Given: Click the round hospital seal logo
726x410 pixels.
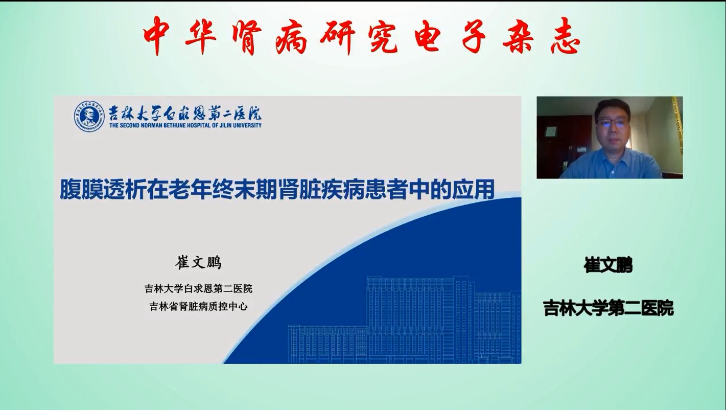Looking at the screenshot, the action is [x=89, y=117].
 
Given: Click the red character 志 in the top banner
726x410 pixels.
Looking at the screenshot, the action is [x=565, y=36].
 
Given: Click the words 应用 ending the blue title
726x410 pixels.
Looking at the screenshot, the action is [x=473, y=190].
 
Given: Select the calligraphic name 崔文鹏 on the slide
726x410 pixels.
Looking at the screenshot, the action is [x=198, y=262].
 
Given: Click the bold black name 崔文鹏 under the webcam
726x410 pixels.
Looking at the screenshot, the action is [x=608, y=265].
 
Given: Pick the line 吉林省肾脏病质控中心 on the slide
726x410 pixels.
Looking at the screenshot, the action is [x=198, y=306].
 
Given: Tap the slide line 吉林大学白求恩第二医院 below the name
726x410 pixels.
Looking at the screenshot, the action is [x=198, y=288].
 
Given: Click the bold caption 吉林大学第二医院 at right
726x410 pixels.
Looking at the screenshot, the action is [x=608, y=308].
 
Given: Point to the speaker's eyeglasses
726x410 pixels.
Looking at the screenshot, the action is [x=613, y=123].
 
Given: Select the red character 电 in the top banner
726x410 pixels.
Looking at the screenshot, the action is [x=427, y=36].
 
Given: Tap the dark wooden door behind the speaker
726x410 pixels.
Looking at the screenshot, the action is [x=564, y=146].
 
